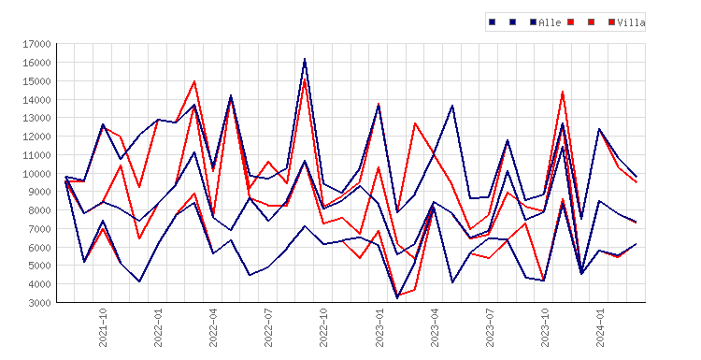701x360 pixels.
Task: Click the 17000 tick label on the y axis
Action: point(36,44)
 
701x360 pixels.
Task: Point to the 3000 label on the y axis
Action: point(39,303)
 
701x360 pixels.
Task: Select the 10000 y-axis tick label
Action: point(36,174)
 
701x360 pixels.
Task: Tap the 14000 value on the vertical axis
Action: point(36,100)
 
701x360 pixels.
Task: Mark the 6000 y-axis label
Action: point(39,247)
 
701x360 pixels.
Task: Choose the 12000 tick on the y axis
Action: point(36,137)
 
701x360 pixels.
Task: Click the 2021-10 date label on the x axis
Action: point(103,327)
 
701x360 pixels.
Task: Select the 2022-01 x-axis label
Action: point(158,327)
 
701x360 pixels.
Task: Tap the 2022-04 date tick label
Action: point(213,327)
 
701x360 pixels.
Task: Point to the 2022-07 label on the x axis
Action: point(268,327)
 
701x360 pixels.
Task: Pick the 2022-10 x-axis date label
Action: point(323,327)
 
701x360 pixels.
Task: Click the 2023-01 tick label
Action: point(379,327)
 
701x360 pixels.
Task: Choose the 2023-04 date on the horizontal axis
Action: point(435,327)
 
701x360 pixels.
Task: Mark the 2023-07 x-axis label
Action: point(490,327)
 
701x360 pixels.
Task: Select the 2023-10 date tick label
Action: point(545,327)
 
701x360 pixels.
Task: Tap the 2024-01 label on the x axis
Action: point(600,327)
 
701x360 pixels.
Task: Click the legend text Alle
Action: point(550,22)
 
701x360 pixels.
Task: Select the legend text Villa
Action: point(631,22)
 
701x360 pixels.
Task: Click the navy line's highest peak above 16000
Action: point(305,59)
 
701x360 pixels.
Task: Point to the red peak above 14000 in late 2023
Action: point(563,92)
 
